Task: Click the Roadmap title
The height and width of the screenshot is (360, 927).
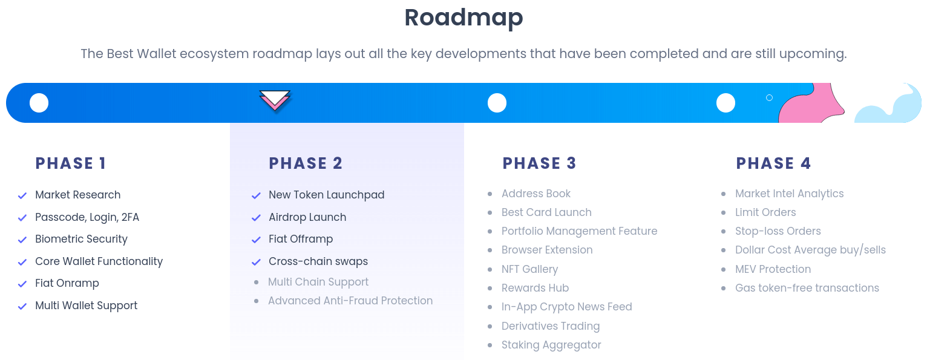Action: point(463,18)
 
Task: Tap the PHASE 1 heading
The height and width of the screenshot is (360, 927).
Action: point(71,163)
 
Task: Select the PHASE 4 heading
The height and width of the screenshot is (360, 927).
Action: point(773,163)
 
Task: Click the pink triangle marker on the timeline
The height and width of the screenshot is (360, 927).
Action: point(275,100)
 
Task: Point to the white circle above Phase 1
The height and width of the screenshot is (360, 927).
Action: point(39,103)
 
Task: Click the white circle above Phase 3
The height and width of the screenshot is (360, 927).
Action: point(497,103)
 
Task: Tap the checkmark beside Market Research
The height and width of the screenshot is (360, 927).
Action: point(22,195)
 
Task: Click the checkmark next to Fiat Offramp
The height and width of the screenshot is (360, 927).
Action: point(256,240)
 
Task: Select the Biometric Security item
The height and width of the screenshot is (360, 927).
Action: point(81,239)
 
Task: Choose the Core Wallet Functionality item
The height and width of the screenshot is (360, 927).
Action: point(99,261)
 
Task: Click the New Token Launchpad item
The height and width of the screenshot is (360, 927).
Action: point(326,195)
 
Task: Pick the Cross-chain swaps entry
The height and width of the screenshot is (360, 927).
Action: point(318,261)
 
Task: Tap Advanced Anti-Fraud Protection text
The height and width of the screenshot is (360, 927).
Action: point(350,301)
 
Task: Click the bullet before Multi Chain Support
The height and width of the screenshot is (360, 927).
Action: point(256,282)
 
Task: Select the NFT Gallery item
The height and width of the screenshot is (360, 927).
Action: point(529,269)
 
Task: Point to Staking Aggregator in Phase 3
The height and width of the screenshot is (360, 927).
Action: point(551,345)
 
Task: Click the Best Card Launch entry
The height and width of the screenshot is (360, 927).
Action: point(546,212)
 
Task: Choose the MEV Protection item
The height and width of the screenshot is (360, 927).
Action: point(773,269)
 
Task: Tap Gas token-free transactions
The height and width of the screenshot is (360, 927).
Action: point(807,288)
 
